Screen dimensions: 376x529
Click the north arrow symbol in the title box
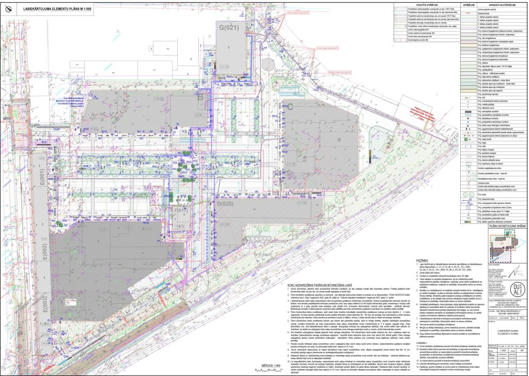click(x=10, y=8)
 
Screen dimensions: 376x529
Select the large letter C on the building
click(x=290, y=107)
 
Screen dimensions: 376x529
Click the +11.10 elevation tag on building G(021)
click(x=224, y=67)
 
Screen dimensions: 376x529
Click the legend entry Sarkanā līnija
click(x=488, y=14)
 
